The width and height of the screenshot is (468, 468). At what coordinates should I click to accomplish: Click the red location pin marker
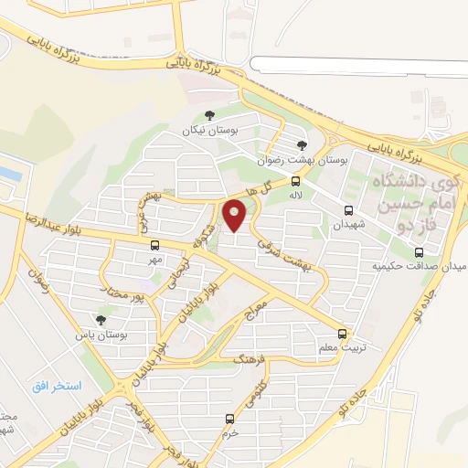coord(236,216)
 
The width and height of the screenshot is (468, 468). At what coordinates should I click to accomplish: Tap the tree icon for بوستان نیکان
coord(210,116)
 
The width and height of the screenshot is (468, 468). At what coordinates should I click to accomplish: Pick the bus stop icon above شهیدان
coord(347,209)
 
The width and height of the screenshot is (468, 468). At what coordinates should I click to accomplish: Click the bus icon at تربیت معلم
coord(343,333)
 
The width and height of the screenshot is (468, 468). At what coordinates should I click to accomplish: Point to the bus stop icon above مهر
coord(154,245)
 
